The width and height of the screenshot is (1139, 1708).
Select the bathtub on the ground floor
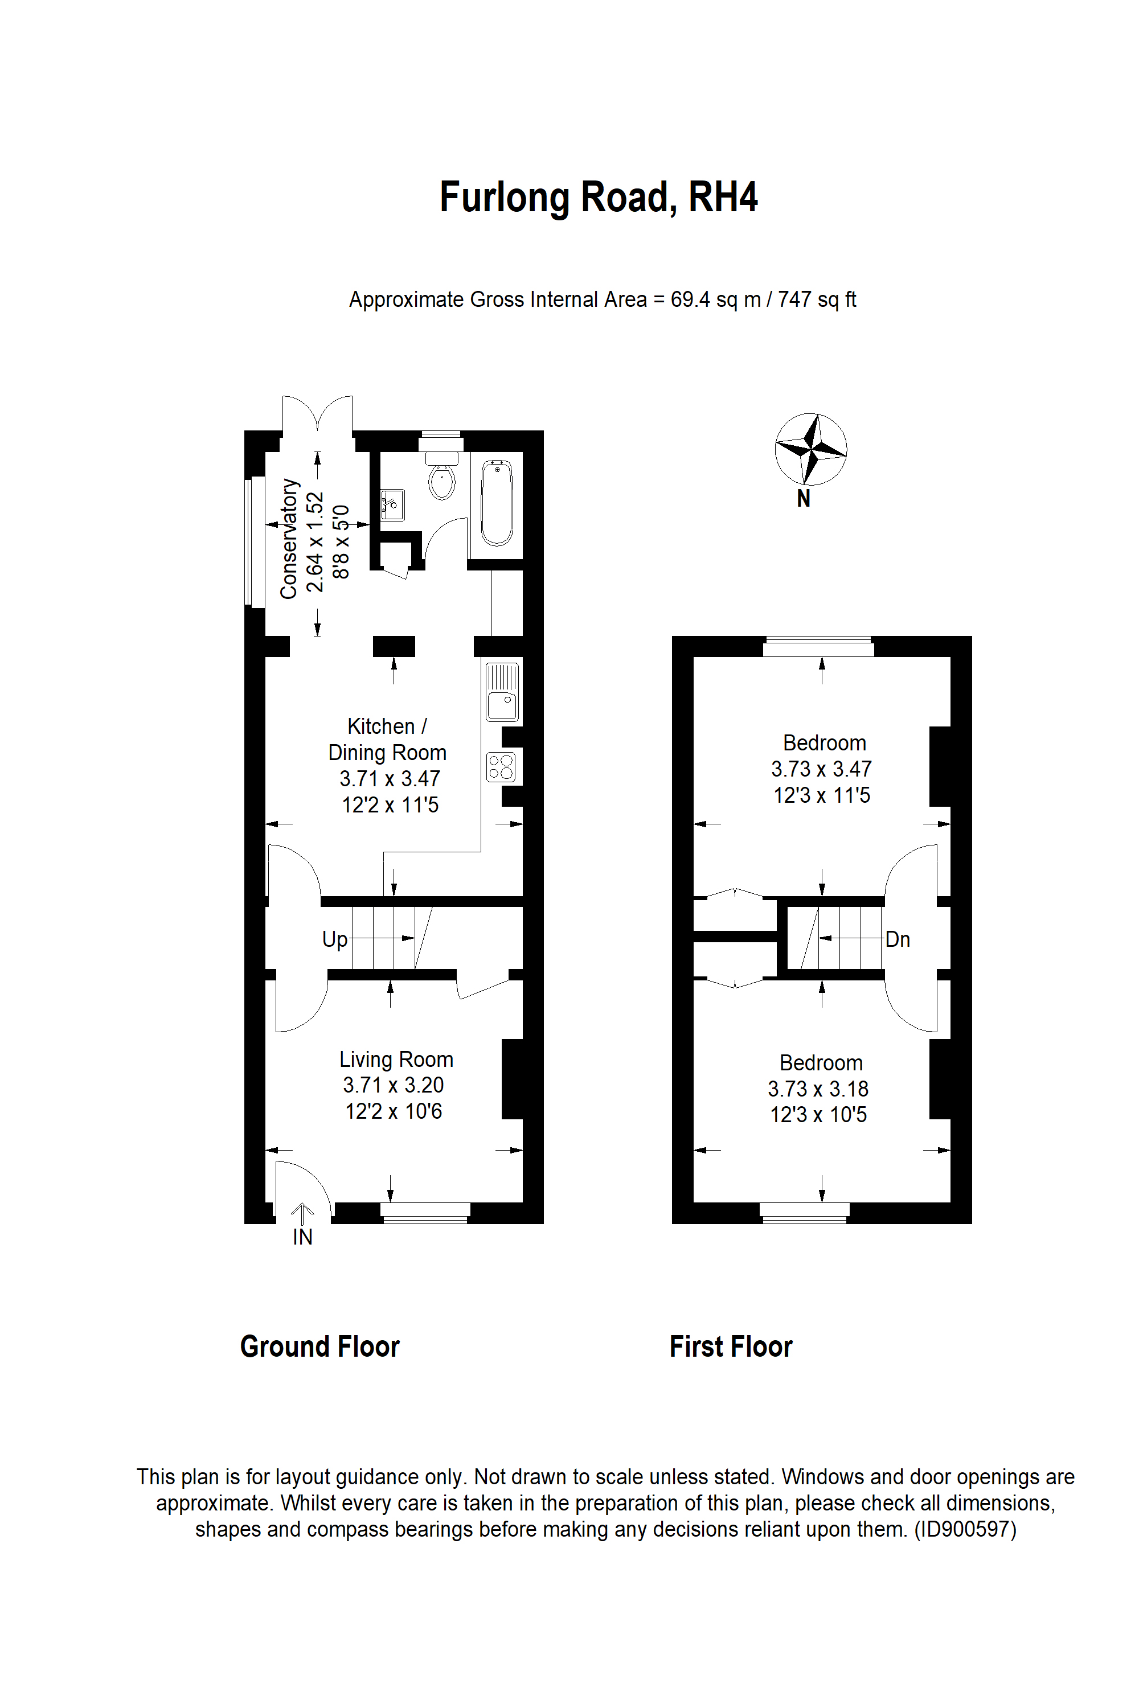click(497, 503)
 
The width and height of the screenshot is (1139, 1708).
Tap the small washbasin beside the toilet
click(393, 504)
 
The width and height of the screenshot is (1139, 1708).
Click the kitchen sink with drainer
click(502, 692)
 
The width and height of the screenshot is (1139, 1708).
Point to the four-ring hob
click(501, 767)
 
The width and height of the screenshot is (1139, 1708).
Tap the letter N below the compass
click(804, 499)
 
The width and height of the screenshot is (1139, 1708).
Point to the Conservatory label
click(289, 538)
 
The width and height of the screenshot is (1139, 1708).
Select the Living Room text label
click(396, 1060)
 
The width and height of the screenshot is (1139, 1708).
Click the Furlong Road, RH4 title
click(599, 198)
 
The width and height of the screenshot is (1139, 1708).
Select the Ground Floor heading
click(319, 1346)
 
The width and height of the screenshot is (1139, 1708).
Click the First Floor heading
click(731, 1346)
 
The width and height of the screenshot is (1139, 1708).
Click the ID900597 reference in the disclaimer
click(965, 1529)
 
